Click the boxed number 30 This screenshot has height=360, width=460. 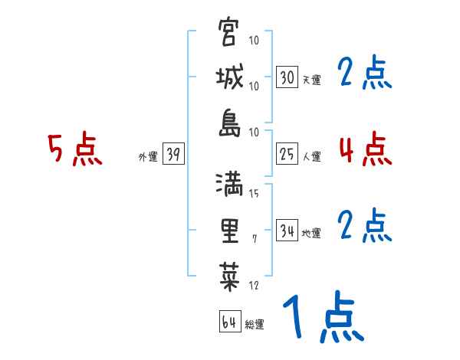coord(287,77)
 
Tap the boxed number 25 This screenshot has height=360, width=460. coord(287,155)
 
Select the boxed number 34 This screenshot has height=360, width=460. coord(287,231)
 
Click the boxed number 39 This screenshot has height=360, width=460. coord(173,155)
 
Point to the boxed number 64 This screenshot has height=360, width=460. coord(229,322)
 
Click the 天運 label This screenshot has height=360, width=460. coord(311,80)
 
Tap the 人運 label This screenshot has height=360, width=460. coord(311,157)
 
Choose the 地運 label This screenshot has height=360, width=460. coord(311,234)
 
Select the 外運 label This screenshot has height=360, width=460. coord(148,157)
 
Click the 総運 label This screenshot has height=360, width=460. coord(255,324)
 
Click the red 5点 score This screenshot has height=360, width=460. coord(75,149)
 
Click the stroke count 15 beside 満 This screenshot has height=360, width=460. coord(254,194)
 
